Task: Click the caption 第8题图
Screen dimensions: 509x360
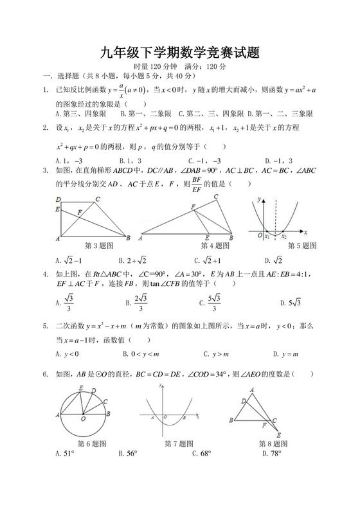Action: (273, 443)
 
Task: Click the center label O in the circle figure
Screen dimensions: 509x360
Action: (83, 420)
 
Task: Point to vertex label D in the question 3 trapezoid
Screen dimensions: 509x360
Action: (58, 199)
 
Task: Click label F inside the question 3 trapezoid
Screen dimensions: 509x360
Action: (79, 211)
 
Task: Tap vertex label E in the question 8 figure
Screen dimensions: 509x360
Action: (279, 435)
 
